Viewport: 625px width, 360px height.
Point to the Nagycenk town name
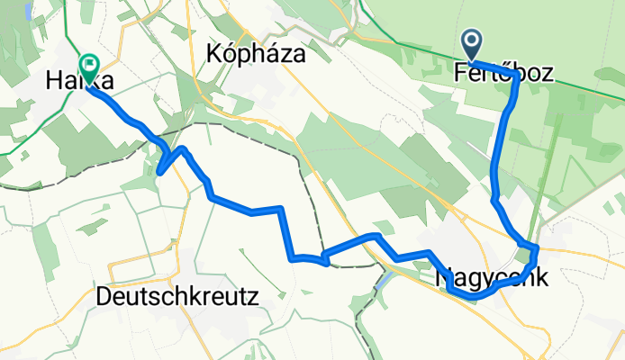click(491, 278)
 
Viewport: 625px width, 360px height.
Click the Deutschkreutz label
click(177, 296)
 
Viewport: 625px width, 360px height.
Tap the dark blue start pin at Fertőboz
click(472, 43)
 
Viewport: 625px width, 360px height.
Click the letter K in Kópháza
click(215, 53)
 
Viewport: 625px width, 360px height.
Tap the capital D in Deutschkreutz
click(103, 296)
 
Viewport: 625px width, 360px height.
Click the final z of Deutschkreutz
click(253, 296)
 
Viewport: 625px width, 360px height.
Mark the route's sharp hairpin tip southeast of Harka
click(159, 171)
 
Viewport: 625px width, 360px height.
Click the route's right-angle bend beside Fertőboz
click(512, 73)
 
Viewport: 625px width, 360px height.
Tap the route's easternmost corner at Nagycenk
click(537, 247)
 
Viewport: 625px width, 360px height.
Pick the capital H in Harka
click(53, 82)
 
